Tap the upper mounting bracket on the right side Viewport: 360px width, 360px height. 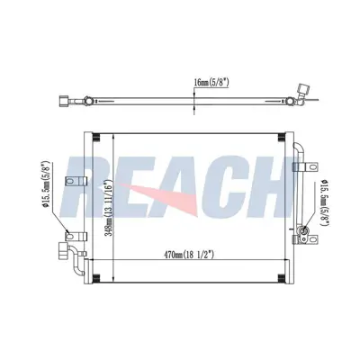pos(310,166)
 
